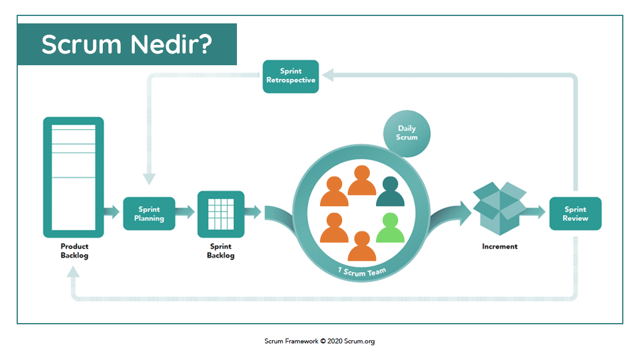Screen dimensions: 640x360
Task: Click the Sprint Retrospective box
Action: pos(290,76)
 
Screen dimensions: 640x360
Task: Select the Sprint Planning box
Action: pos(149,214)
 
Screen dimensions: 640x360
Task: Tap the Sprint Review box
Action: pos(575,214)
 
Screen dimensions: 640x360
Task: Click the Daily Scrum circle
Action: pos(407,134)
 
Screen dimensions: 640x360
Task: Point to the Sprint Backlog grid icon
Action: pos(221,214)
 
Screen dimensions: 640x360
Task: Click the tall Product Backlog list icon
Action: pos(73,177)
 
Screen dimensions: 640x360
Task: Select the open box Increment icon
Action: pos(500,208)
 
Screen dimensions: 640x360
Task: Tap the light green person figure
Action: pos(390,228)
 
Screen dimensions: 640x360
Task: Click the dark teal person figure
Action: pos(390,191)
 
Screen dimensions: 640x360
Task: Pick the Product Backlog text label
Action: pos(74,251)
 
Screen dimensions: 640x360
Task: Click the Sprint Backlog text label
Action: pos(221,251)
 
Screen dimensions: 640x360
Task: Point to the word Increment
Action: pos(500,247)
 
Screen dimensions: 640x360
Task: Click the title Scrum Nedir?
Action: pos(127,44)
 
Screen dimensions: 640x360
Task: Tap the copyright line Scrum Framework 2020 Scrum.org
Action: pos(319,341)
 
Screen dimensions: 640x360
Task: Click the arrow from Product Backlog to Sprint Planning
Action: pos(111,212)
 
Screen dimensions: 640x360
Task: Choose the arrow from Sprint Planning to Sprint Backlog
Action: pos(185,212)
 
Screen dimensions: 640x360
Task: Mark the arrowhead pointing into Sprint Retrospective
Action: pos(328,75)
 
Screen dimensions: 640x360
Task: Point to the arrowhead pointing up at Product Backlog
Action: pos(73,272)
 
